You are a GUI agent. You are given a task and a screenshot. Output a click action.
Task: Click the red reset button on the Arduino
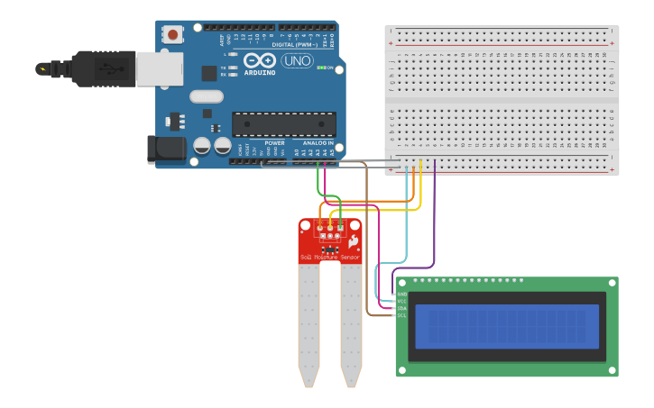(172, 35)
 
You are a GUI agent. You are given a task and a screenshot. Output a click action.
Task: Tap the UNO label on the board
(298, 60)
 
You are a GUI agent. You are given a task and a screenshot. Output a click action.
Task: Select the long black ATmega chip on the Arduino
(283, 124)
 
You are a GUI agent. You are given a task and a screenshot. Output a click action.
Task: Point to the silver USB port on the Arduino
(159, 68)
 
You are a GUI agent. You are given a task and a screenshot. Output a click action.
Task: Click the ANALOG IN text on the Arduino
(317, 142)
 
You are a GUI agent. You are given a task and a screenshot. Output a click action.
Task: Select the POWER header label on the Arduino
(274, 142)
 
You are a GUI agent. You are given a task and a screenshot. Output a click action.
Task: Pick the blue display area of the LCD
(506, 326)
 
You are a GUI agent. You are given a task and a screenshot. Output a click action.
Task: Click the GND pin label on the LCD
(401, 295)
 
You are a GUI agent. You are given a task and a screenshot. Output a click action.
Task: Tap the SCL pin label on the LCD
(401, 315)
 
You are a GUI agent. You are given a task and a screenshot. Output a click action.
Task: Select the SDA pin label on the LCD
(401, 308)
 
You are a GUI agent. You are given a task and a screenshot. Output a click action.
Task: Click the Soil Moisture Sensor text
(329, 258)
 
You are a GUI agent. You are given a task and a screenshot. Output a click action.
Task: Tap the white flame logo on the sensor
(353, 241)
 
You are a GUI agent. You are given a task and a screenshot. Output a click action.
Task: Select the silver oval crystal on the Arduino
(206, 96)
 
